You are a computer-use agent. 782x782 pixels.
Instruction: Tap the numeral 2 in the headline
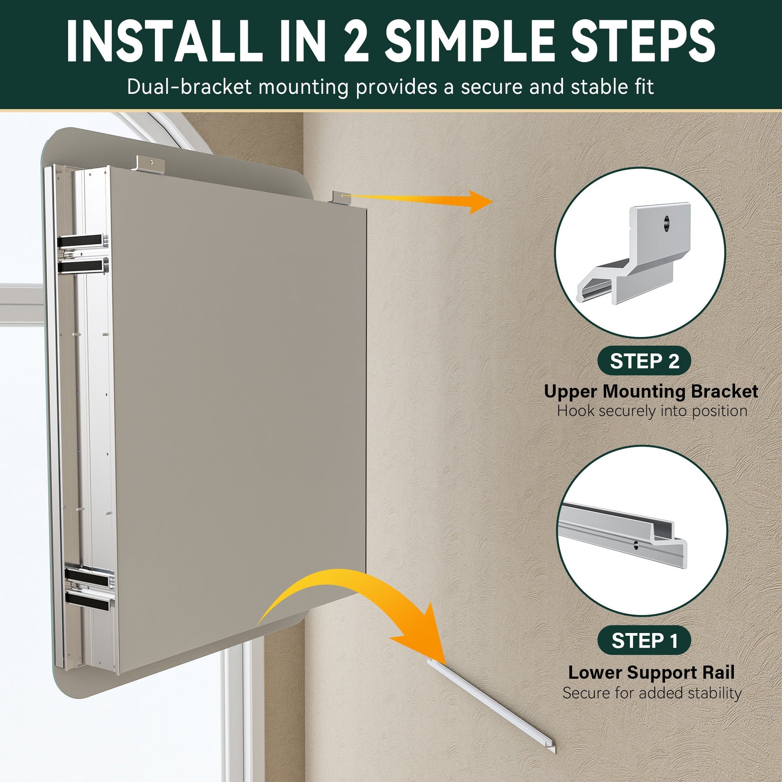pos(356,41)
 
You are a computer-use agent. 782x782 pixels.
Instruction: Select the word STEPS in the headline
pos(643,42)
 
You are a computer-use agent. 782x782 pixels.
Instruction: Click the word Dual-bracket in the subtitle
pos(189,87)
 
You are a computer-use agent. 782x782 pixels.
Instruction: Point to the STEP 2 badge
pos(644,361)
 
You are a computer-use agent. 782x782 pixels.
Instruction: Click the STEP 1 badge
pos(644,641)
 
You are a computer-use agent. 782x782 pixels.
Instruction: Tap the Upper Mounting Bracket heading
pos(651,391)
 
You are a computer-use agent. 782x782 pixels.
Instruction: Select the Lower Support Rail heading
pos(651,673)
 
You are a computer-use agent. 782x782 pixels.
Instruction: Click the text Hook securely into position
pos(652,411)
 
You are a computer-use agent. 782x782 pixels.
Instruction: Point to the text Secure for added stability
pos(652,693)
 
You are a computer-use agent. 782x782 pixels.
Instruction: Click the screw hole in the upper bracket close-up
pos(666,224)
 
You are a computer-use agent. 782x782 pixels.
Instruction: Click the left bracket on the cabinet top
pos(151,163)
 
